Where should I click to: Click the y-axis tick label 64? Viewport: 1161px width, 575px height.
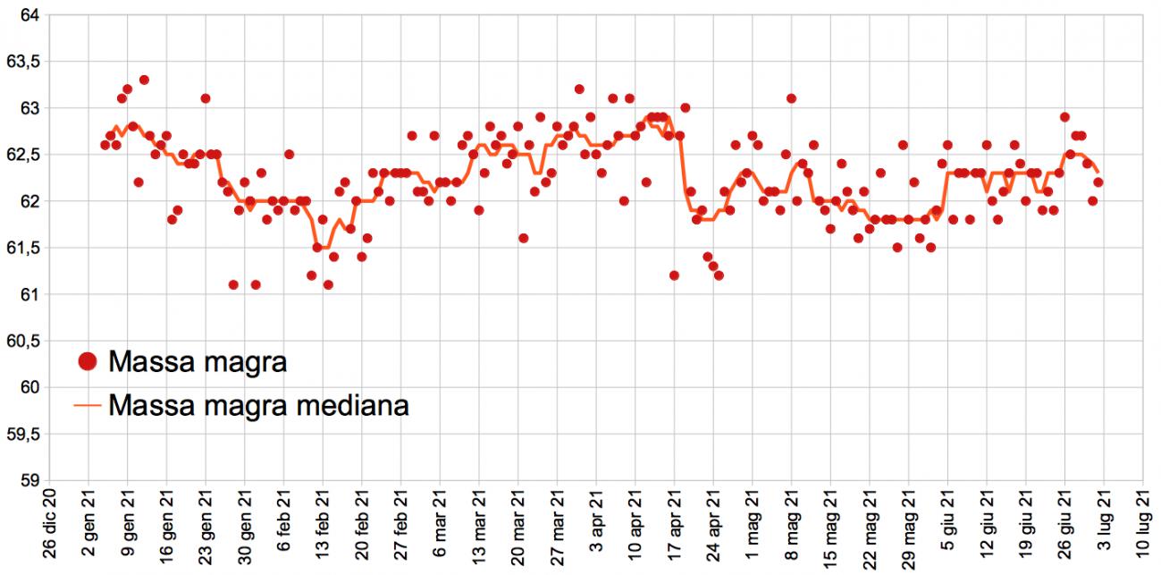point(29,15)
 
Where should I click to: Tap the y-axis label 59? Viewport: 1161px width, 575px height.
point(29,480)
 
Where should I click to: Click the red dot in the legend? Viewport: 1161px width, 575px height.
point(87,362)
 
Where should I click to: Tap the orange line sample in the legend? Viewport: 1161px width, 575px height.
point(87,406)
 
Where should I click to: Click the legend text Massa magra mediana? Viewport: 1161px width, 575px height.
point(258,406)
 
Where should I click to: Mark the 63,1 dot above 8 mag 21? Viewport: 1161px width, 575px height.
point(791,98)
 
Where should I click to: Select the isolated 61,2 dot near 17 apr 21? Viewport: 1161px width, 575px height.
point(674,275)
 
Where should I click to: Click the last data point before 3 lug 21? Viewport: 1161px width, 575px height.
point(1098,182)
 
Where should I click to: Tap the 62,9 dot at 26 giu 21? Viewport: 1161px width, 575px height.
point(1064,117)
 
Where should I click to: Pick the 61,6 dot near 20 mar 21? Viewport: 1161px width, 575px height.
point(523,238)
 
